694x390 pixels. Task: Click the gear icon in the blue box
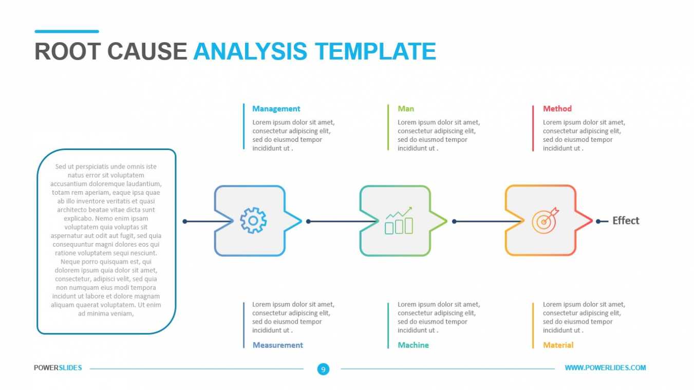pos(253,220)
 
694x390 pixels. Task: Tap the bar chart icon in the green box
pos(399,220)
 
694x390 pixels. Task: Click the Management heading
pos(276,109)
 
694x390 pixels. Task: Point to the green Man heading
pos(406,109)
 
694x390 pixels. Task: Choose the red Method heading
pos(557,109)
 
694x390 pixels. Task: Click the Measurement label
pos(277,345)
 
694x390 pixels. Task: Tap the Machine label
pos(414,345)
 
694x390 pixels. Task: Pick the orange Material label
pos(558,345)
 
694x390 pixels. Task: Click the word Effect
pos(626,221)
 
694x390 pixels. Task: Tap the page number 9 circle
pos(323,369)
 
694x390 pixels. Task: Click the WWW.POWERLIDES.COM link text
pos(606,368)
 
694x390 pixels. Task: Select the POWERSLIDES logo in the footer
pos(58,368)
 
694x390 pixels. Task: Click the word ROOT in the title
pos(68,51)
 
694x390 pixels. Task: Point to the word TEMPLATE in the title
pos(376,51)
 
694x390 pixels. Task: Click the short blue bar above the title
pos(67,31)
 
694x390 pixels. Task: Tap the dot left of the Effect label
pos(598,221)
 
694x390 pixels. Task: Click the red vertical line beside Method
pos(533,128)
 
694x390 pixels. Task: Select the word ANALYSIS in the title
pos(250,51)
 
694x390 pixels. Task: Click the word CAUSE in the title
pos(147,51)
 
